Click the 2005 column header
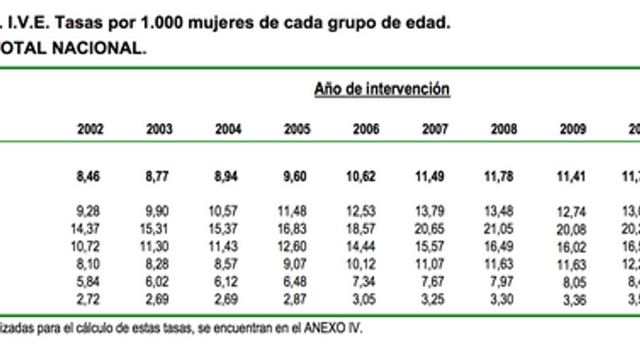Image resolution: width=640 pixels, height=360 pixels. pyautogui.click(x=297, y=129)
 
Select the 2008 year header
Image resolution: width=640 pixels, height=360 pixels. pyautogui.click(x=504, y=129)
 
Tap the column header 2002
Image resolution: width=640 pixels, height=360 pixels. pyautogui.click(x=90, y=129)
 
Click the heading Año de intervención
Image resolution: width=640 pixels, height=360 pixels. pyautogui.click(x=382, y=89)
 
